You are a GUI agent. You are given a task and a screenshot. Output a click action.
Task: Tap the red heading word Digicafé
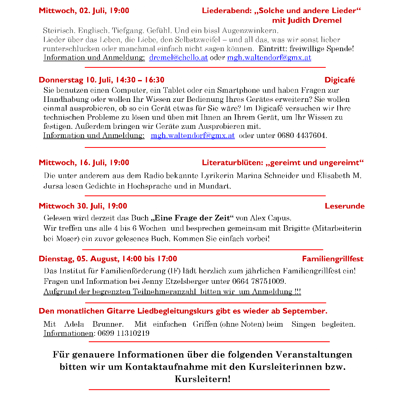pos(340,80)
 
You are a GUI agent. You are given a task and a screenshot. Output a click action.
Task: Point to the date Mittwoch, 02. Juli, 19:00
pos(84,11)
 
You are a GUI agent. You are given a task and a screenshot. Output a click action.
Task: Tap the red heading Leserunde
pos(344,206)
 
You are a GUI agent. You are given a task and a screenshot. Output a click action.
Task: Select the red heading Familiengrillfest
pos(332,259)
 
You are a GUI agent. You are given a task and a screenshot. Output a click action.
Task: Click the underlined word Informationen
pos(68,333)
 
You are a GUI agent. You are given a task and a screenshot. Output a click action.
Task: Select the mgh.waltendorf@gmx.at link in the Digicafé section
pos(193,136)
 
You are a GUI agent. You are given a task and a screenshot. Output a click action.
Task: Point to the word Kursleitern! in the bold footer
pos(202,379)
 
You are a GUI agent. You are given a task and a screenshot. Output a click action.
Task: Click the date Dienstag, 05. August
pos(78,259)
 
